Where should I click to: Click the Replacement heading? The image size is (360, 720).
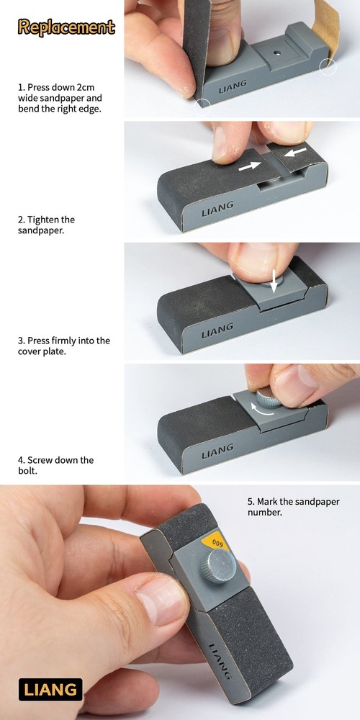pyautogui.click(x=66, y=27)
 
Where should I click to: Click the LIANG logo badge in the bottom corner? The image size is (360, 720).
pyautogui.click(x=50, y=689)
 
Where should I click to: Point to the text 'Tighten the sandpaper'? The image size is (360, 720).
pyautogui.click(x=46, y=225)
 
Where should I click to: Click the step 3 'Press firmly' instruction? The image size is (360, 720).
pyautogui.click(x=64, y=346)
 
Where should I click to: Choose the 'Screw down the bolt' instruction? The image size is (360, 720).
pyautogui.click(x=55, y=465)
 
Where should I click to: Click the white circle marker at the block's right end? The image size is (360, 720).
pyautogui.click(x=328, y=67)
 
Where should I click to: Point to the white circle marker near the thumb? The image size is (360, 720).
pyautogui.click(x=202, y=106)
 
